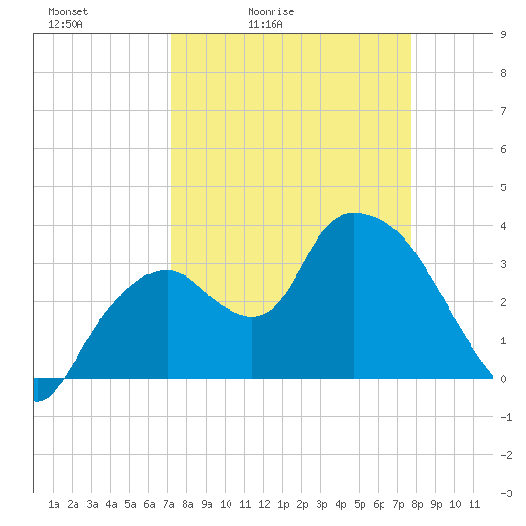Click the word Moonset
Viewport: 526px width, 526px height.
(x=68, y=11)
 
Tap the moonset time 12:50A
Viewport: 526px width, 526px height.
(x=65, y=24)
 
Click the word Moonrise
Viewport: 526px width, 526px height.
(x=271, y=11)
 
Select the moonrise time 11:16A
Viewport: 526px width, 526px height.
(x=265, y=24)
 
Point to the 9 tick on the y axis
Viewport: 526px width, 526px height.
(x=503, y=34)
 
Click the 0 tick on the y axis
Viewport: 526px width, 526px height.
(x=503, y=379)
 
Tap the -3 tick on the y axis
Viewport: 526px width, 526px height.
(x=506, y=493)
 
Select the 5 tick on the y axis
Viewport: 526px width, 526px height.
(x=503, y=187)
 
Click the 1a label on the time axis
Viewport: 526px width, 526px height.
(x=54, y=504)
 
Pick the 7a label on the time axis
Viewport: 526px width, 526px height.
(x=168, y=504)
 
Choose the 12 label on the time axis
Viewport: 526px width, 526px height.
(x=264, y=504)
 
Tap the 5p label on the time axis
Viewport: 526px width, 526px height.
(x=360, y=504)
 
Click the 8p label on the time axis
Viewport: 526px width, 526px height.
(x=417, y=504)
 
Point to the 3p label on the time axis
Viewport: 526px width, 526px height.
(x=321, y=504)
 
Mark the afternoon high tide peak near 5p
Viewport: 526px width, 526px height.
(x=354, y=213)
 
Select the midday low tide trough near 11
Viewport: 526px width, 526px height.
(x=252, y=317)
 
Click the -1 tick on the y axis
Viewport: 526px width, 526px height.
(x=506, y=417)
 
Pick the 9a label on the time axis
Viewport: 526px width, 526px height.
(x=207, y=504)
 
